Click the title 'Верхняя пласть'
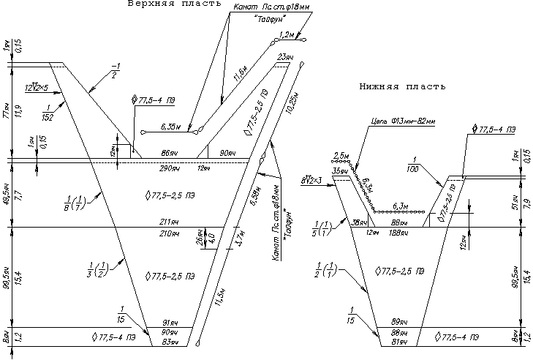(x=173, y=4)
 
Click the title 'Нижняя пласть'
(x=401, y=86)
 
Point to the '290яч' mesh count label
(x=169, y=168)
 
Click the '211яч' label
(x=169, y=222)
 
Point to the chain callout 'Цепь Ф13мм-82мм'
(x=404, y=121)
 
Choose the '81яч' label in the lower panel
(x=400, y=342)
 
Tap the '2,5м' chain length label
(x=341, y=157)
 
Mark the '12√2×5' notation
(x=37, y=87)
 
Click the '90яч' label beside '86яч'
(x=227, y=153)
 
